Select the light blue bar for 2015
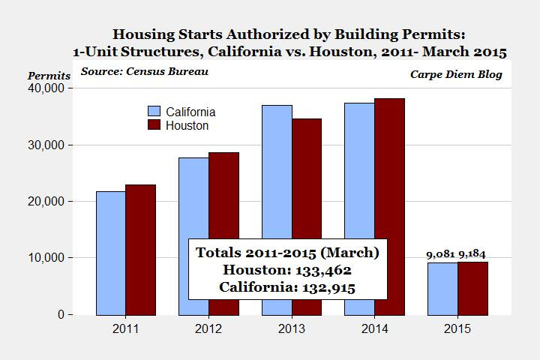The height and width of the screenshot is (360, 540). coord(442,289)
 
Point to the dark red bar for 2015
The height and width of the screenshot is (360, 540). coord(472,288)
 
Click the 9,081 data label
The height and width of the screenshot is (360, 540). coord(442,255)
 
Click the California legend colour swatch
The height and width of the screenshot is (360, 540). coord(154,111)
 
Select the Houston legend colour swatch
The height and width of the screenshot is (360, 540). coord(154,125)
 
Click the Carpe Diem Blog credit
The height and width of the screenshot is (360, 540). coord(456,74)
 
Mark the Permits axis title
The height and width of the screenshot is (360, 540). coord(49,76)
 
